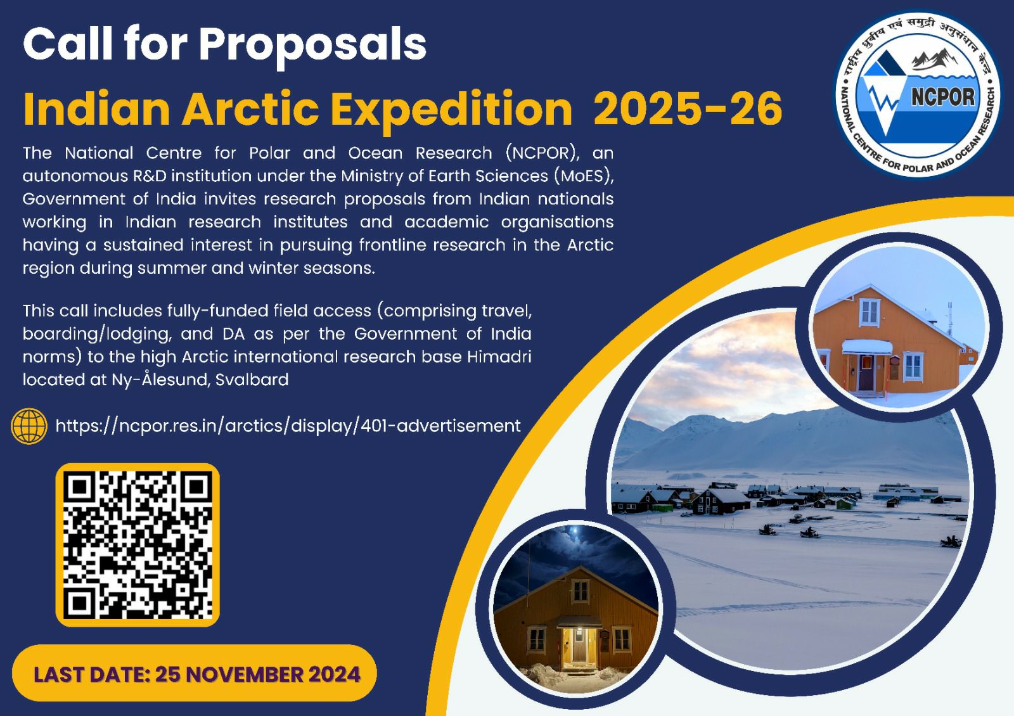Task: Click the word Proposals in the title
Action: (x=313, y=45)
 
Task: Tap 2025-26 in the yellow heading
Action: (x=688, y=108)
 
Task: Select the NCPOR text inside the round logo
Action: (x=942, y=96)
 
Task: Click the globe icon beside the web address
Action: (x=29, y=426)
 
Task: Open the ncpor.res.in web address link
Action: (x=288, y=426)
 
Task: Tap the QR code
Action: (x=138, y=545)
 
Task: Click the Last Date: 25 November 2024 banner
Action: (x=194, y=673)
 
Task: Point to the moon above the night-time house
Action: (x=575, y=530)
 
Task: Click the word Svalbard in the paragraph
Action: (x=252, y=380)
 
